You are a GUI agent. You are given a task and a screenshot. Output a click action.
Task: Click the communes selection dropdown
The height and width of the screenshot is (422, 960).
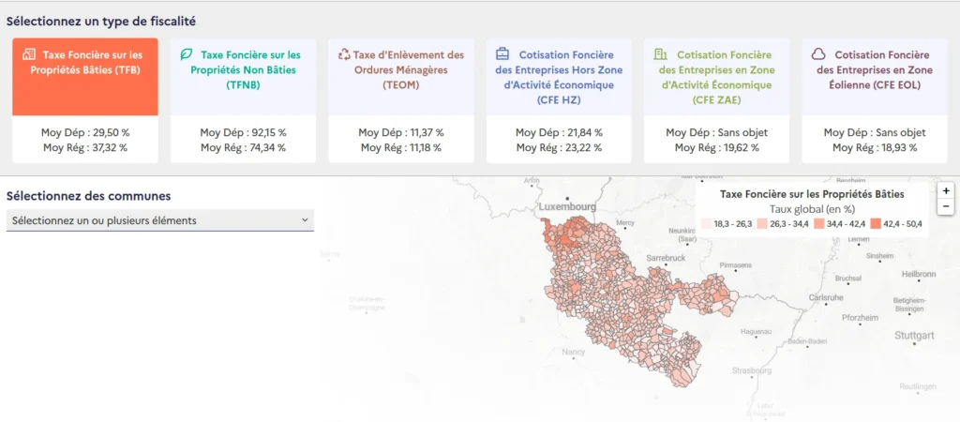coord(159,220)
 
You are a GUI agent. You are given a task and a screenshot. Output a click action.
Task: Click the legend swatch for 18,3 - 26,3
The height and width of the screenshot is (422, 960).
coord(706,224)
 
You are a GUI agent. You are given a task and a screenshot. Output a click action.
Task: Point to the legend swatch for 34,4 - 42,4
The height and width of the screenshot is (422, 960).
coord(819,224)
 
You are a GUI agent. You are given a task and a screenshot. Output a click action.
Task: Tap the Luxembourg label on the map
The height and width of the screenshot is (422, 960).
coord(566,205)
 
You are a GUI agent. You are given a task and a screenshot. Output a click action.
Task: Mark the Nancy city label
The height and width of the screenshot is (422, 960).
coord(573,352)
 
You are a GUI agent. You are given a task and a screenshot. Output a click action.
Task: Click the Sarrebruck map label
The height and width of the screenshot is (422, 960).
coord(667,257)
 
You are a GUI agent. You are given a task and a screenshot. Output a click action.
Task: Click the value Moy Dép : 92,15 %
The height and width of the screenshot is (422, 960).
coord(243,133)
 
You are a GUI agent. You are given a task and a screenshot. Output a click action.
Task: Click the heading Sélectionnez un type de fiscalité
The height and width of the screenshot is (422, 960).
coord(101,21)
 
